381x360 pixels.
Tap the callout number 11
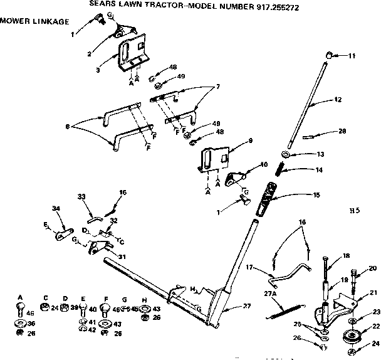point(352,56)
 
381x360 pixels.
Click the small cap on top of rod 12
point(327,56)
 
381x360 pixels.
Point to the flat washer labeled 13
point(284,154)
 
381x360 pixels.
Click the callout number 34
point(56,208)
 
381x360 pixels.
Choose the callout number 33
point(81,197)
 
